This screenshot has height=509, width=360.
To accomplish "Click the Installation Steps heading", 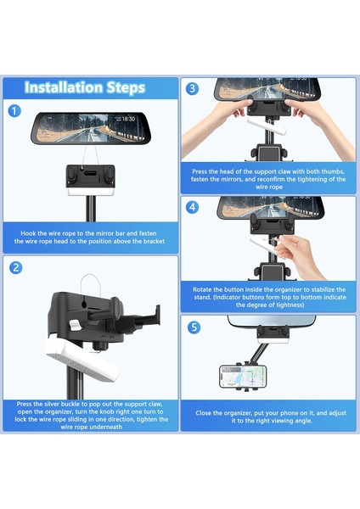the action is tap(84, 87).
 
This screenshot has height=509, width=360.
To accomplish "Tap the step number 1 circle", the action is tap(14, 111).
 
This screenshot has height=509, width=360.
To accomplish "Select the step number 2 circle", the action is tap(16, 268).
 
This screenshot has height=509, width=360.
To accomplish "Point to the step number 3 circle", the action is tap(193, 88).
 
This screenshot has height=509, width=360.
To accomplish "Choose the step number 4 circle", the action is tap(193, 207).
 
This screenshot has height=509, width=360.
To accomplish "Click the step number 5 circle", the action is tap(194, 327).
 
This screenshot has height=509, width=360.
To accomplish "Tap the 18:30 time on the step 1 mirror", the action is tap(128, 119).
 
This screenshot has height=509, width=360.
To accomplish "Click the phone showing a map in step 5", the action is tap(243, 377).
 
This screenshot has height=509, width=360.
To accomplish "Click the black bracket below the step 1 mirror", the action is tap(90, 176).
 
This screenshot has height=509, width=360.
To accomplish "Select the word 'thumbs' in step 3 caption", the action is tap(334, 171).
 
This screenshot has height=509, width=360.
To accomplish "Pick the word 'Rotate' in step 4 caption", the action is tap(202, 289).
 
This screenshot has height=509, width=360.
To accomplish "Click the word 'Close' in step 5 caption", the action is tap(204, 413).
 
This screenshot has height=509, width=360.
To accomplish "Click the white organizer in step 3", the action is tap(267, 126).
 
